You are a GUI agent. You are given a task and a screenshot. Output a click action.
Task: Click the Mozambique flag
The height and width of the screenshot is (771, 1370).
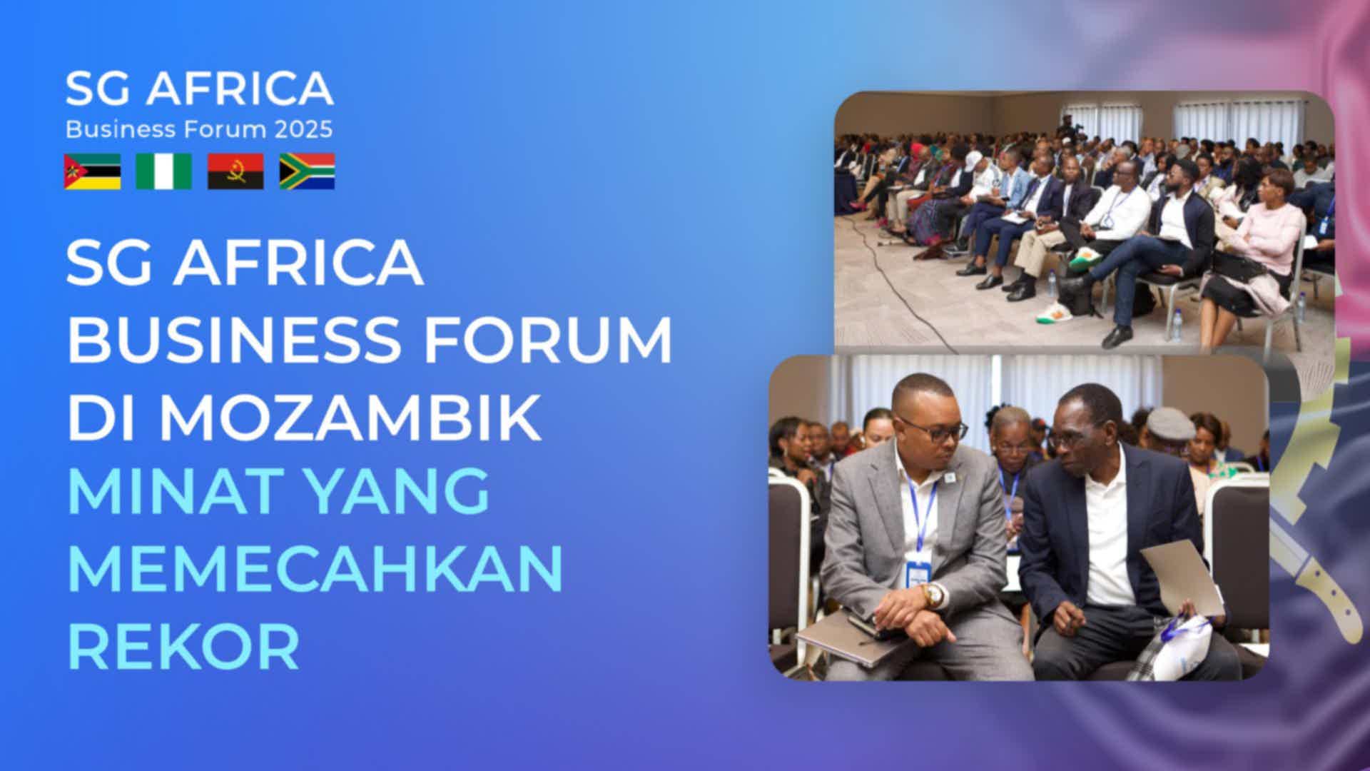(93, 171)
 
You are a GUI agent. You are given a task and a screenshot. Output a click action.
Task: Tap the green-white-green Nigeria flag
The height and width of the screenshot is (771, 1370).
(164, 171)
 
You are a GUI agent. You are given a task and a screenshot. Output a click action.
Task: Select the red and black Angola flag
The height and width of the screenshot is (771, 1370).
(235, 171)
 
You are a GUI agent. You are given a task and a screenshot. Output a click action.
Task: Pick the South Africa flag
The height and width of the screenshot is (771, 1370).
(307, 171)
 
